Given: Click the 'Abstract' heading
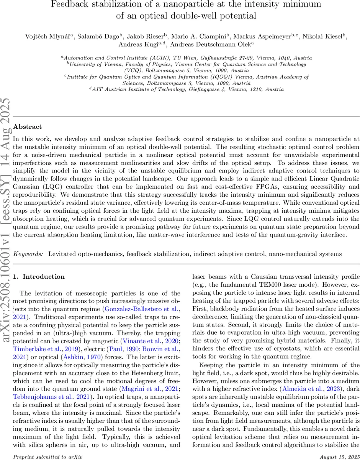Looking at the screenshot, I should point(27,127).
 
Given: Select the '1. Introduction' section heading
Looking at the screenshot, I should point(39,276).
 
